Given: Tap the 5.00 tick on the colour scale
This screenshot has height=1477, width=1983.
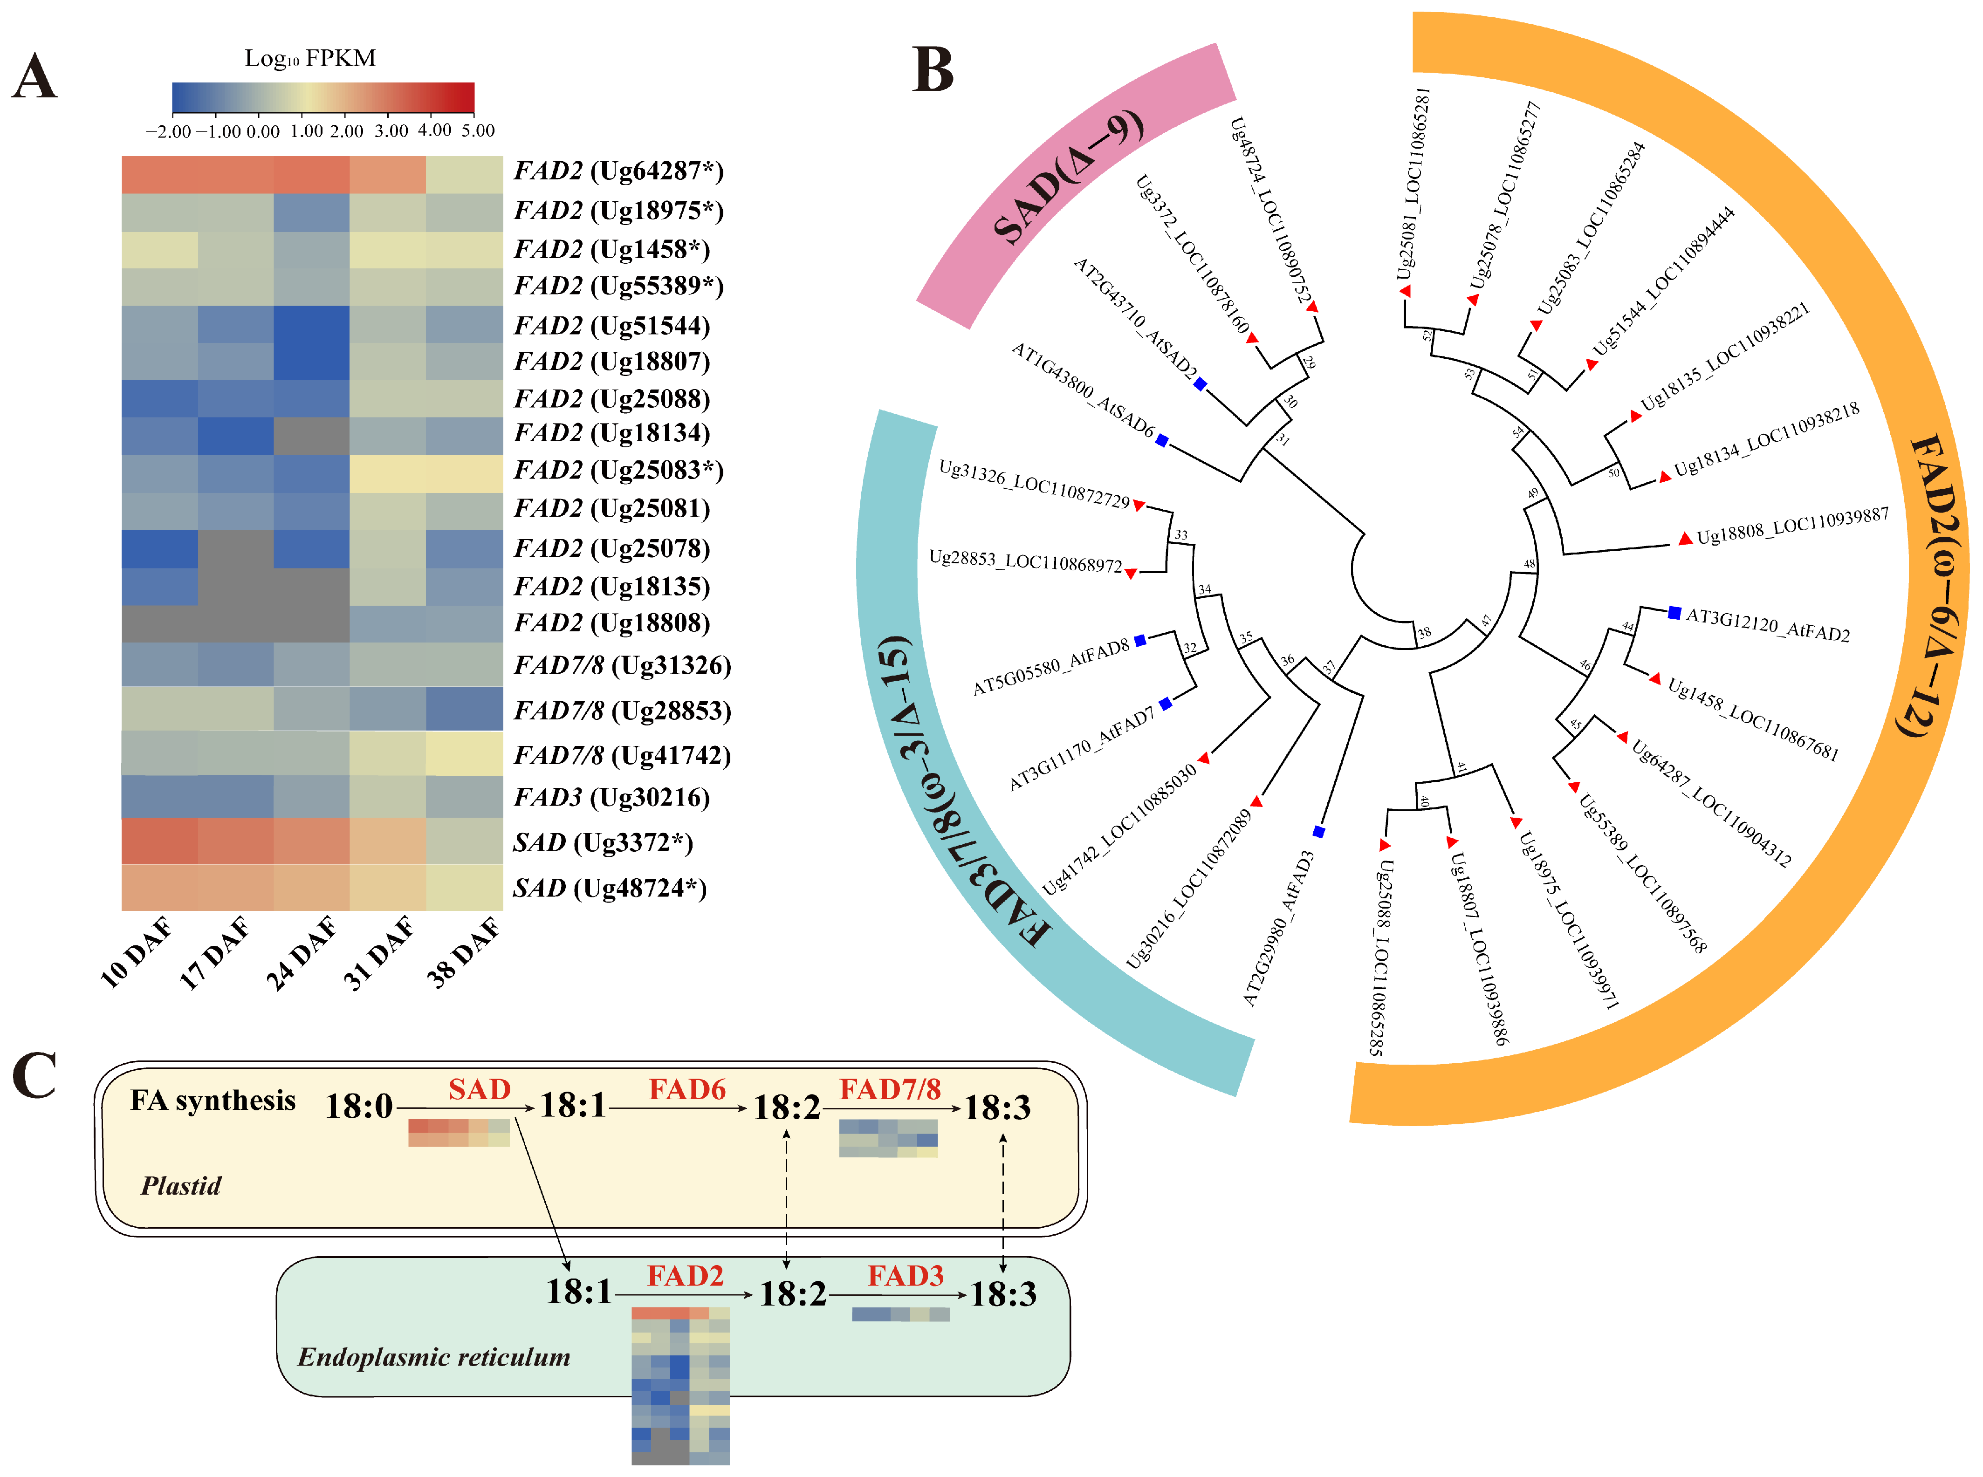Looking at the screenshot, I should point(477,130).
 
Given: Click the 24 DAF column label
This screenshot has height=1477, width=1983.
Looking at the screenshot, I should point(301,953).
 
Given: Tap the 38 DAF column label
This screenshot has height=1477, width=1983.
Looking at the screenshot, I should point(462,953).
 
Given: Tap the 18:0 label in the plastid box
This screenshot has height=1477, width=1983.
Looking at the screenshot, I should point(358,1107).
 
